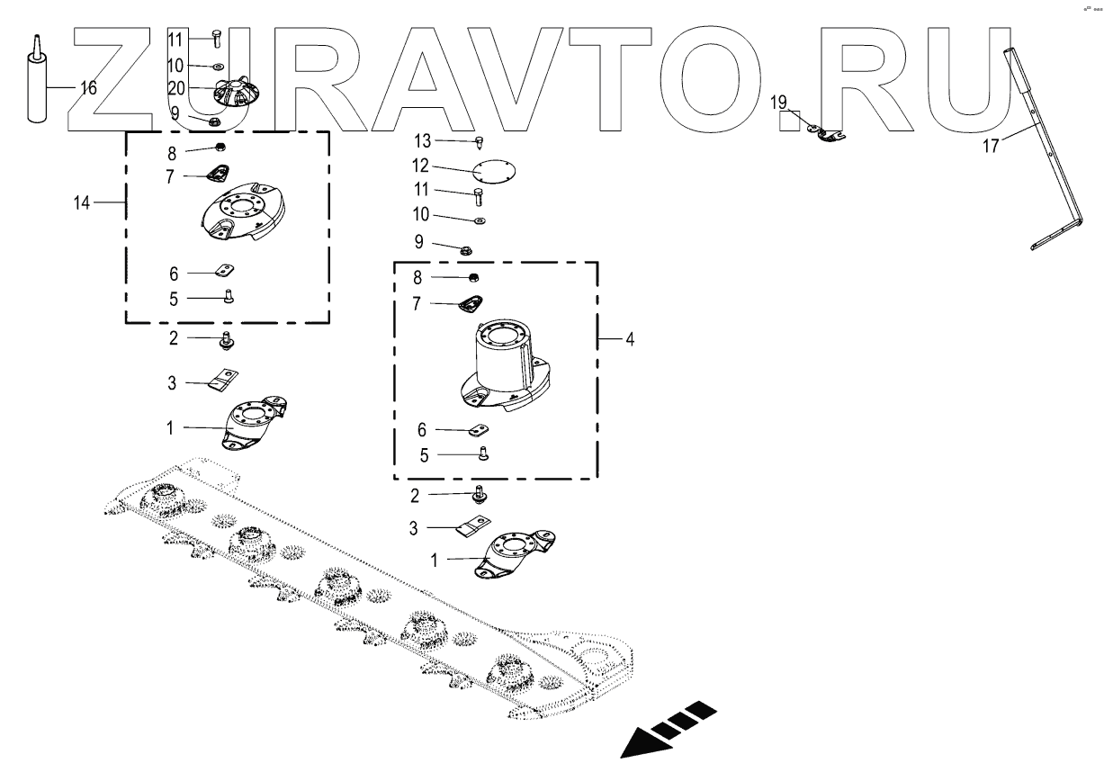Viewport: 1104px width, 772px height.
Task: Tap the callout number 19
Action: (779, 102)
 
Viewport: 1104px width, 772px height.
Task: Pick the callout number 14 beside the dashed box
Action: (83, 203)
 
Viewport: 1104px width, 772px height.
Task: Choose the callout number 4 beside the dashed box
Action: (630, 340)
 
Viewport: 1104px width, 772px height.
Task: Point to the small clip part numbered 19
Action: (825, 133)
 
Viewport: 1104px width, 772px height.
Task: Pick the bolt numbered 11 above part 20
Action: (216, 38)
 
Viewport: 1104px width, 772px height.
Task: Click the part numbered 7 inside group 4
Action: (469, 304)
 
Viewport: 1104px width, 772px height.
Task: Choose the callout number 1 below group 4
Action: (435, 559)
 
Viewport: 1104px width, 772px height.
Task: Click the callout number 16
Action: (88, 88)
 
